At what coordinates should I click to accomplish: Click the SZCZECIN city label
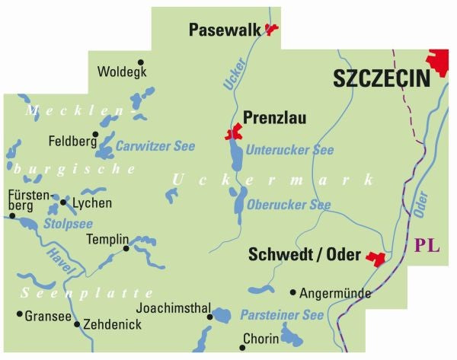click(x=382, y=78)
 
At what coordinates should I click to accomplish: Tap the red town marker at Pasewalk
click(x=271, y=30)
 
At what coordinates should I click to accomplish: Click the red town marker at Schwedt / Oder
click(x=376, y=258)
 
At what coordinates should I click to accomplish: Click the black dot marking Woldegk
click(x=140, y=62)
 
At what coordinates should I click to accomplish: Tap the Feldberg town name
click(x=71, y=142)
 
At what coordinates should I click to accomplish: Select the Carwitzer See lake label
click(x=155, y=145)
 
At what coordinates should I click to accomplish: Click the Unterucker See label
click(x=290, y=151)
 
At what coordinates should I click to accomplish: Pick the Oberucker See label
click(x=289, y=205)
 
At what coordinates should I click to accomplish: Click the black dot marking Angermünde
click(x=293, y=292)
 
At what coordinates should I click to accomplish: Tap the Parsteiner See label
click(x=282, y=314)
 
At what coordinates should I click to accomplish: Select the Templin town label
click(x=108, y=240)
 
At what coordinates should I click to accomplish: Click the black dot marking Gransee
click(x=19, y=314)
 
